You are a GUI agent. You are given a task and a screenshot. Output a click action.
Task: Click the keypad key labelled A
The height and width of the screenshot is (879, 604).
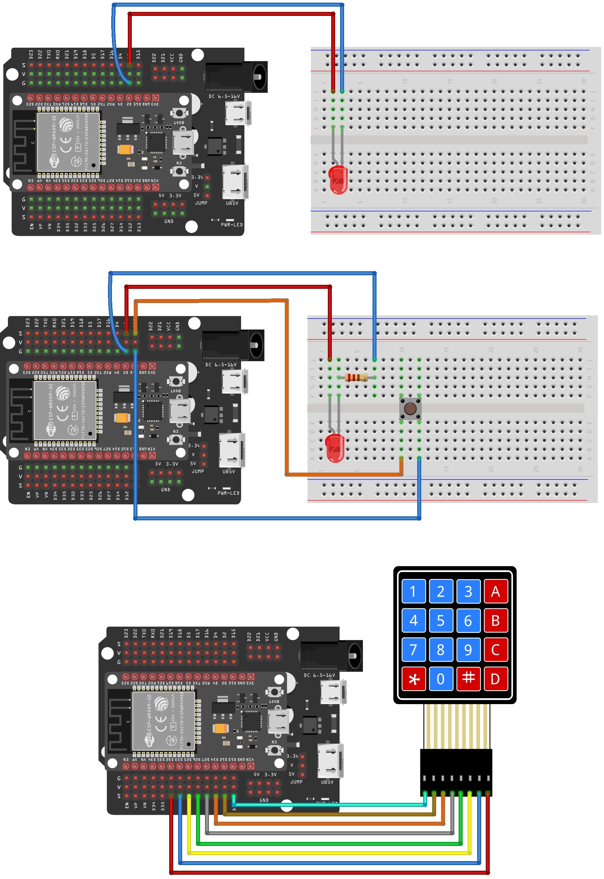click(495, 591)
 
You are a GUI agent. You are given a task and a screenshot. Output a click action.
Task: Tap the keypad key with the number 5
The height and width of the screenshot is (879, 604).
click(440, 620)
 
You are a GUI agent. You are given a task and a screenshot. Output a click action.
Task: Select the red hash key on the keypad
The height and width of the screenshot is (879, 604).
click(468, 678)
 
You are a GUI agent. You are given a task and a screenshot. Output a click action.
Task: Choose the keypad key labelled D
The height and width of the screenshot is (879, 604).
click(495, 678)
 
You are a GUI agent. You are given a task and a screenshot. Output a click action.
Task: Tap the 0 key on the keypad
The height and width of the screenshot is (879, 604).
click(440, 678)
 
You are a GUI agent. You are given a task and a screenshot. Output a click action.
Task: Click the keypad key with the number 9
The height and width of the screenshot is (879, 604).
click(468, 649)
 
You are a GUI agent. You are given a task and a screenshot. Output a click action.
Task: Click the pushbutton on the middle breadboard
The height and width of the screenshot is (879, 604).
click(410, 408)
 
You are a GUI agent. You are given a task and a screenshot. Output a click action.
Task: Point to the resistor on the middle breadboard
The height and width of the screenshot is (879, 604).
click(356, 378)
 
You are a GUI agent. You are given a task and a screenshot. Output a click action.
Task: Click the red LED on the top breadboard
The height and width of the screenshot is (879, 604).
click(338, 179)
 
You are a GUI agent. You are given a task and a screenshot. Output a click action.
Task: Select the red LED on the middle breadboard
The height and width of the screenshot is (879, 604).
click(334, 448)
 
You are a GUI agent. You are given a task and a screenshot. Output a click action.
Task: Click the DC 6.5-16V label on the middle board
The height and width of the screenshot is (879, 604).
click(221, 365)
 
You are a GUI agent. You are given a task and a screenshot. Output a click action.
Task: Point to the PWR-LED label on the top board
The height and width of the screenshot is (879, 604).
click(231, 225)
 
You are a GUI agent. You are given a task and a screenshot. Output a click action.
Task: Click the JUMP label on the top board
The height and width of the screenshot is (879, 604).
click(201, 203)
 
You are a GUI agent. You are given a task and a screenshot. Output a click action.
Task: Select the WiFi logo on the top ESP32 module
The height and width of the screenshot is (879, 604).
click(55, 161)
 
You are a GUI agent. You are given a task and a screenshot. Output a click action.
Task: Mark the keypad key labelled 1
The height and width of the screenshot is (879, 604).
click(413, 591)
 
